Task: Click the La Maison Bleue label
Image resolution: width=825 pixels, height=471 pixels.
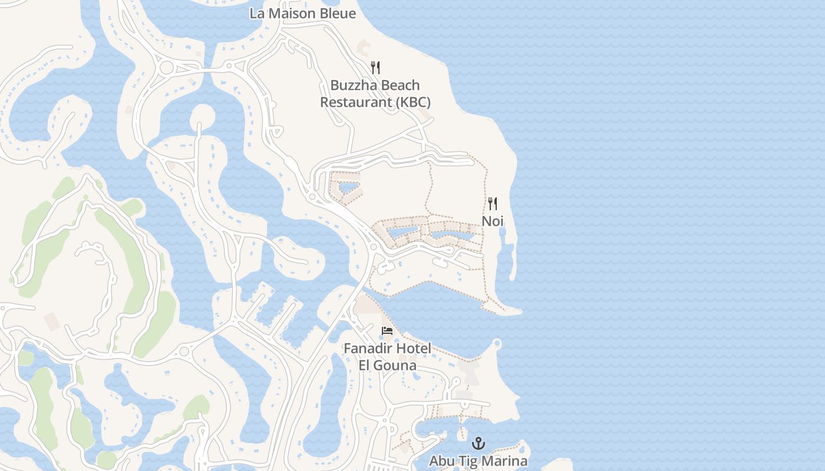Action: pyautogui.click(x=302, y=13)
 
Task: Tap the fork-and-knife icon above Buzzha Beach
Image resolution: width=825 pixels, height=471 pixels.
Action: pyautogui.click(x=375, y=68)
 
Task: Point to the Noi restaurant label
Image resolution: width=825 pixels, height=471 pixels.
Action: pyautogui.click(x=493, y=221)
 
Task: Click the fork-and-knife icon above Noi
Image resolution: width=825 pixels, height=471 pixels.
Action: pyautogui.click(x=493, y=204)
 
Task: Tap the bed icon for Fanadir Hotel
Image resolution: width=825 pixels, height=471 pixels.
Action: pyautogui.click(x=387, y=331)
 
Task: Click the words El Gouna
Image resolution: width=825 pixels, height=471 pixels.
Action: pyautogui.click(x=388, y=365)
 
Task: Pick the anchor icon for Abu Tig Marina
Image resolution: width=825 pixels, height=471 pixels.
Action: pyautogui.click(x=478, y=443)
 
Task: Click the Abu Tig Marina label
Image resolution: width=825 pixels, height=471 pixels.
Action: pyautogui.click(x=478, y=460)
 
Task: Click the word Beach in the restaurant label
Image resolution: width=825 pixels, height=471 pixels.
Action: pyautogui.click(x=399, y=85)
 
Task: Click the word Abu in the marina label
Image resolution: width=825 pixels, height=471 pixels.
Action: pyautogui.click(x=441, y=460)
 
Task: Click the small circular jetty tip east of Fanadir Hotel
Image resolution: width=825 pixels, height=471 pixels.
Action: pyautogui.click(x=497, y=343)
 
